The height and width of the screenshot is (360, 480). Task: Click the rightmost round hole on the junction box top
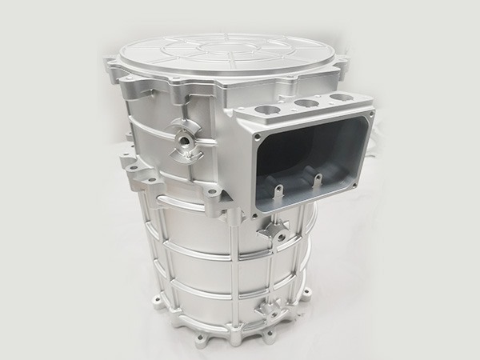[x=340, y=98]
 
